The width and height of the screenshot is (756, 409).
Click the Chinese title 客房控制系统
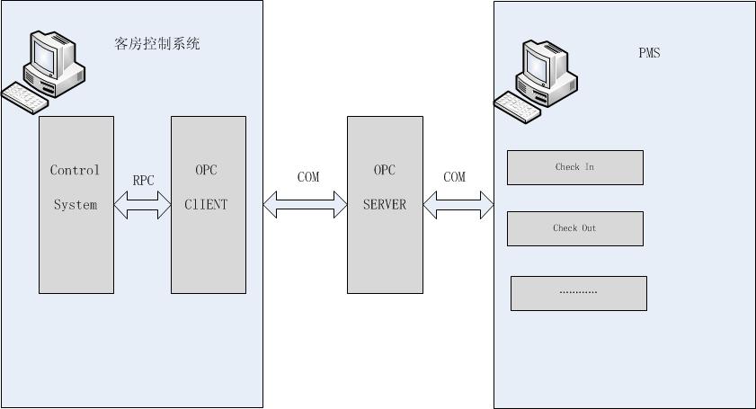point(157,42)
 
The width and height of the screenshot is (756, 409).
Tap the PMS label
point(649,53)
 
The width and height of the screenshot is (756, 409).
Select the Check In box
point(574,167)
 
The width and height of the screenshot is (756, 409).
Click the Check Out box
point(574,228)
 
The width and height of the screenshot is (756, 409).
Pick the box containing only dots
point(578,293)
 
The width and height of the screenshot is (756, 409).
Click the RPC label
point(143,181)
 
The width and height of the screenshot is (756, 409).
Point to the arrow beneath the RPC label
point(142,206)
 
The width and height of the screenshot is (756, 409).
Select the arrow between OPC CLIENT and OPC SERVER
point(305,206)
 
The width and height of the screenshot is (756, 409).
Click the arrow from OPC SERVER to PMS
point(458,206)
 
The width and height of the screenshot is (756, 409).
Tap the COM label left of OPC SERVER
point(308,177)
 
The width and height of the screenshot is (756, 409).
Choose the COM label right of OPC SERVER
point(455,177)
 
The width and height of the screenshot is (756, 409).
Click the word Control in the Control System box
point(75,170)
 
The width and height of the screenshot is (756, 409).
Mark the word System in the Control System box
point(75,205)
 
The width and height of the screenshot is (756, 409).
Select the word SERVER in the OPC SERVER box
point(385,205)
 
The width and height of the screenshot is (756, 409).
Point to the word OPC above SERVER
point(385,170)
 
